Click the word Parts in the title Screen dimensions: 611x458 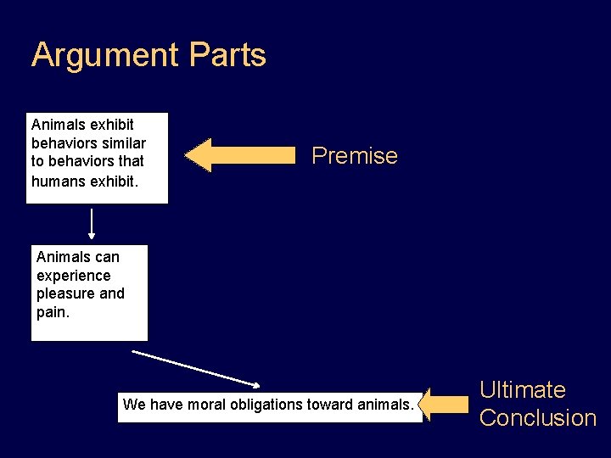[x=228, y=56]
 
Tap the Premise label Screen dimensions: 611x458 [x=355, y=156]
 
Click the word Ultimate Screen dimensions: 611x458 [x=522, y=390]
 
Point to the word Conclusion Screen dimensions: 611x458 [x=538, y=418]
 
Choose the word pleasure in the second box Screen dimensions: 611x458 [x=65, y=293]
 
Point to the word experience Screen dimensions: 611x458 [x=73, y=276]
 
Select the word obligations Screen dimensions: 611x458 [x=264, y=405]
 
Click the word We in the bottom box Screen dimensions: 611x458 [x=134, y=405]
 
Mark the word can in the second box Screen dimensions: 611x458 [x=107, y=257]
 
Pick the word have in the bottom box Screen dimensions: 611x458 [x=164, y=405]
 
